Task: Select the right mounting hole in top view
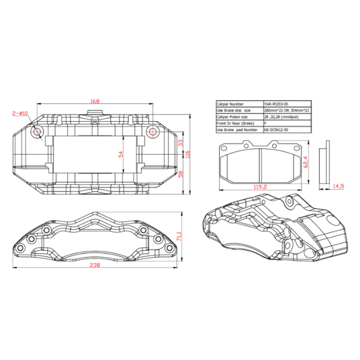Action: [x=152, y=131]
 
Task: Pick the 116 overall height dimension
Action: [x=188, y=154]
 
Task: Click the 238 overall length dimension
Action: [x=94, y=265]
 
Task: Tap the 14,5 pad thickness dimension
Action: [x=338, y=187]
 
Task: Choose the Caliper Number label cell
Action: [x=239, y=104]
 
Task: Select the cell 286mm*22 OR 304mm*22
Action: [x=287, y=110]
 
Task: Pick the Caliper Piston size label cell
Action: [x=239, y=116]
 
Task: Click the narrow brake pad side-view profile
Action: [x=327, y=163]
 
